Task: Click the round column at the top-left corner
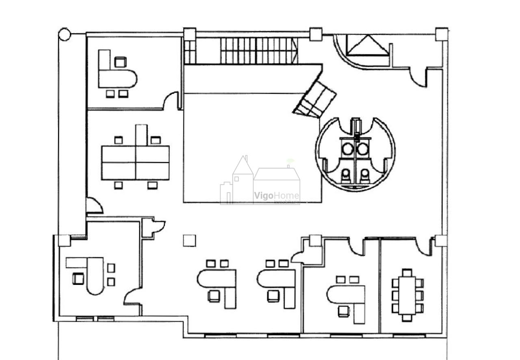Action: [x=65, y=34]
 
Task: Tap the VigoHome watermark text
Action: [x=277, y=196]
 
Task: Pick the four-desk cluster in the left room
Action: [x=135, y=162]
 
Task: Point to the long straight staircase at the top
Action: [x=259, y=51]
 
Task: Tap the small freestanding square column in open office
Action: [x=189, y=240]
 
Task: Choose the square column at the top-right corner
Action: [x=442, y=34]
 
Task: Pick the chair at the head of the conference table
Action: [x=407, y=272]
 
